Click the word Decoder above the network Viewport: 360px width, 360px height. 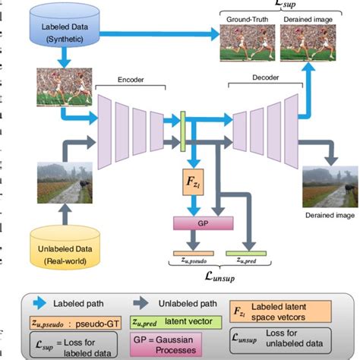coord(265,77)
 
